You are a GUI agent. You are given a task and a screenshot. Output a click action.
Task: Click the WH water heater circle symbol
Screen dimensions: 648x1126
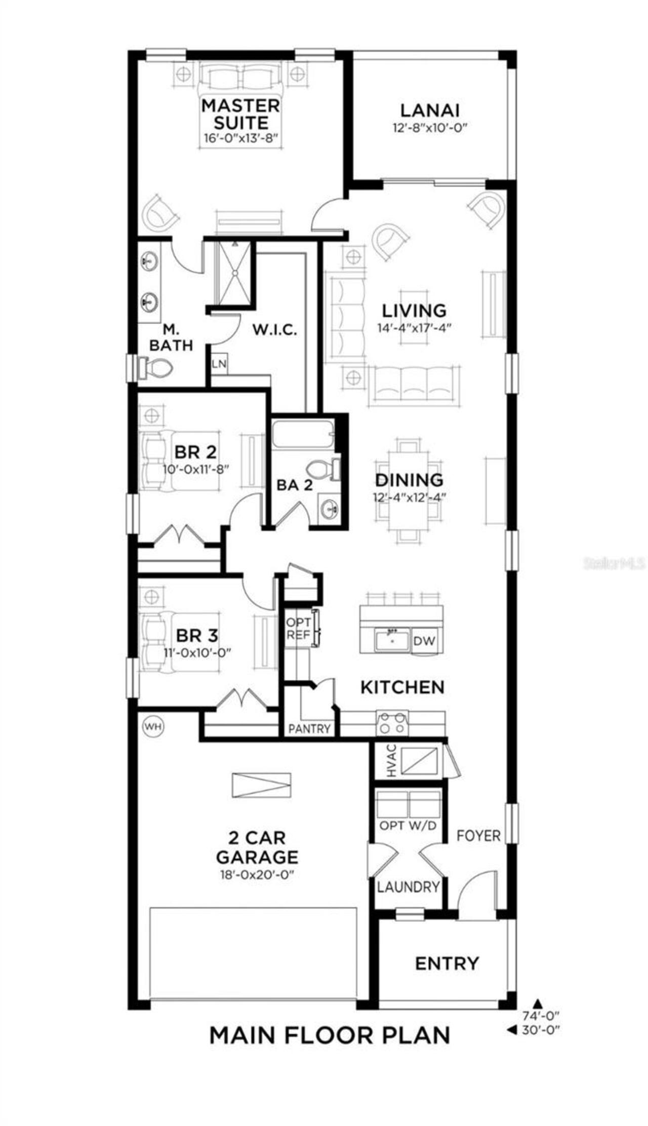click(154, 727)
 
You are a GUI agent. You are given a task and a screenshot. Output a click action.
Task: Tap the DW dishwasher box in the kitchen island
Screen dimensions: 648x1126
click(424, 641)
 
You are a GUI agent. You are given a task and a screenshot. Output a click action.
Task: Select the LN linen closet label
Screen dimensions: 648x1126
click(219, 364)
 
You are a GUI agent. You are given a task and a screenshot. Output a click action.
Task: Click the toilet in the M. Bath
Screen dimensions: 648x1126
click(155, 367)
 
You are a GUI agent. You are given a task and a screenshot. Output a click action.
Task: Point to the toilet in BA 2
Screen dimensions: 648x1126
click(325, 469)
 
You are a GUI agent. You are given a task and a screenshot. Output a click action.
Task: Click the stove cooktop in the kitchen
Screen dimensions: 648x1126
click(392, 723)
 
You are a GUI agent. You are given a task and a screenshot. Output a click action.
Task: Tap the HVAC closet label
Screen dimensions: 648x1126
click(391, 761)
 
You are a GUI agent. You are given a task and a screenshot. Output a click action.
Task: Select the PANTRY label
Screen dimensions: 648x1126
click(309, 728)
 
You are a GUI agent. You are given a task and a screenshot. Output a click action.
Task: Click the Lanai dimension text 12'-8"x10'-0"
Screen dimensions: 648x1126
click(429, 128)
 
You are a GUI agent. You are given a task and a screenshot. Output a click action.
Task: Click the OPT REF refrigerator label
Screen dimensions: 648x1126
click(298, 629)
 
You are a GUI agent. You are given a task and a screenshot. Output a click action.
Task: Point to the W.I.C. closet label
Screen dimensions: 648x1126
click(275, 330)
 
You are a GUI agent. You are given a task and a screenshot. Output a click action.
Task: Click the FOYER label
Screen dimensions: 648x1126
click(478, 836)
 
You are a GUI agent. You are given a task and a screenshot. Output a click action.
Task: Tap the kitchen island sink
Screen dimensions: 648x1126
click(392, 640)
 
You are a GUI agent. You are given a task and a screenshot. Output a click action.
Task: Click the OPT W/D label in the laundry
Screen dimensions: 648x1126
click(408, 826)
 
